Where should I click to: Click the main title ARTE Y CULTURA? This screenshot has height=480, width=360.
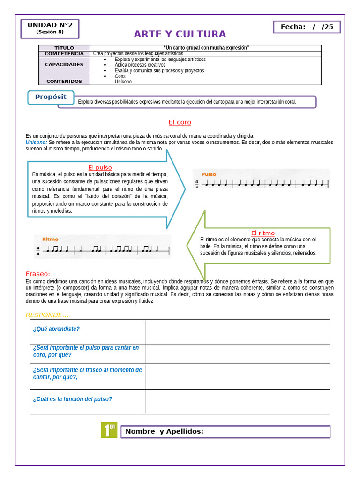point(180,34)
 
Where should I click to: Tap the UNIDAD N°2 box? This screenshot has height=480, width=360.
point(50,28)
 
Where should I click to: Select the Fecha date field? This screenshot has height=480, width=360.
point(307,27)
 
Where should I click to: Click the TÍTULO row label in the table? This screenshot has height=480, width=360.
point(64,48)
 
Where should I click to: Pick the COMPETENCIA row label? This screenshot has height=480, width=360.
point(64,54)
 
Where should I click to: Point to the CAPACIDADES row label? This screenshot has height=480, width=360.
point(64,65)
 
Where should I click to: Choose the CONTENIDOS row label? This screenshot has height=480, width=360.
point(64,81)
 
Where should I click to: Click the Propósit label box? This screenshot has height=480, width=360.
point(51,97)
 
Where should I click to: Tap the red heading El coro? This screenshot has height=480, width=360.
point(180,122)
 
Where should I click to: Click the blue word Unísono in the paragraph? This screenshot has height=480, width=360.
point(36,142)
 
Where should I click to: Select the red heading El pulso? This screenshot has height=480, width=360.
point(100,167)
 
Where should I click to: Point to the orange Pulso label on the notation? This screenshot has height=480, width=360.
point(209,174)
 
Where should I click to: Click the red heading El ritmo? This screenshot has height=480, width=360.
point(263,233)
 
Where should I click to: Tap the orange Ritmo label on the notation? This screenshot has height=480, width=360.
point(50,239)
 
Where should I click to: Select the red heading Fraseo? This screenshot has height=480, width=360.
point(37,274)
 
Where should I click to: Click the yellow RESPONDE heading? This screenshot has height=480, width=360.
point(47,315)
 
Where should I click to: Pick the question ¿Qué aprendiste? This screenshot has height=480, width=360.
point(56,329)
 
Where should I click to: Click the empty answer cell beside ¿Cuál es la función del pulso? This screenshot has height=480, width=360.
point(238,402)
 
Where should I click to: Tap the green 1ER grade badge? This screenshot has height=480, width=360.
point(109,430)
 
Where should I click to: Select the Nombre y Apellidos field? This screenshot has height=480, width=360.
point(225,432)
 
